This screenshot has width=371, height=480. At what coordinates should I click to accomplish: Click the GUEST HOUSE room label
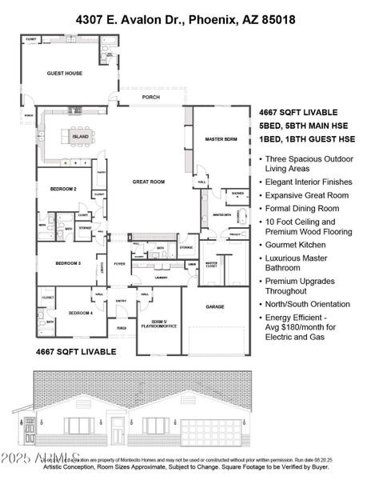64,73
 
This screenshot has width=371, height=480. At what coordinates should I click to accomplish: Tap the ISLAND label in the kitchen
81,137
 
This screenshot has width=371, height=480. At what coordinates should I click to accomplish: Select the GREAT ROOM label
148,182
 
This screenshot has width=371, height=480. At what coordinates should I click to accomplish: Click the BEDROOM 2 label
63,190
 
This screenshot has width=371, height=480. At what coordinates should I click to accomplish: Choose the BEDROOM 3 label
69,263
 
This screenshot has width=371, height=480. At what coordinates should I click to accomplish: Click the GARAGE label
215,306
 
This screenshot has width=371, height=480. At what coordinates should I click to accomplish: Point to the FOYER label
119,263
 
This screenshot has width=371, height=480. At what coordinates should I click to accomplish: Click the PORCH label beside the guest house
150,98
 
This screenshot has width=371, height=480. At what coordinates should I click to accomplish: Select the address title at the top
185,18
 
